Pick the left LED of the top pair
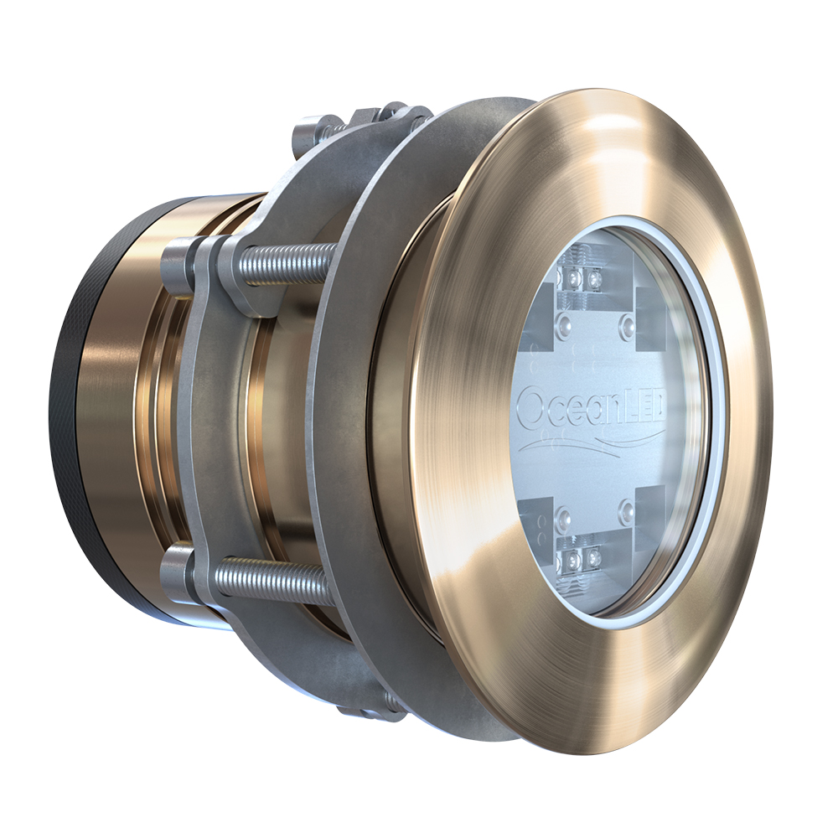(577, 276)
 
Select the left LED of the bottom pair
(577, 556)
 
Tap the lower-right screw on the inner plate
(626, 509)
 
